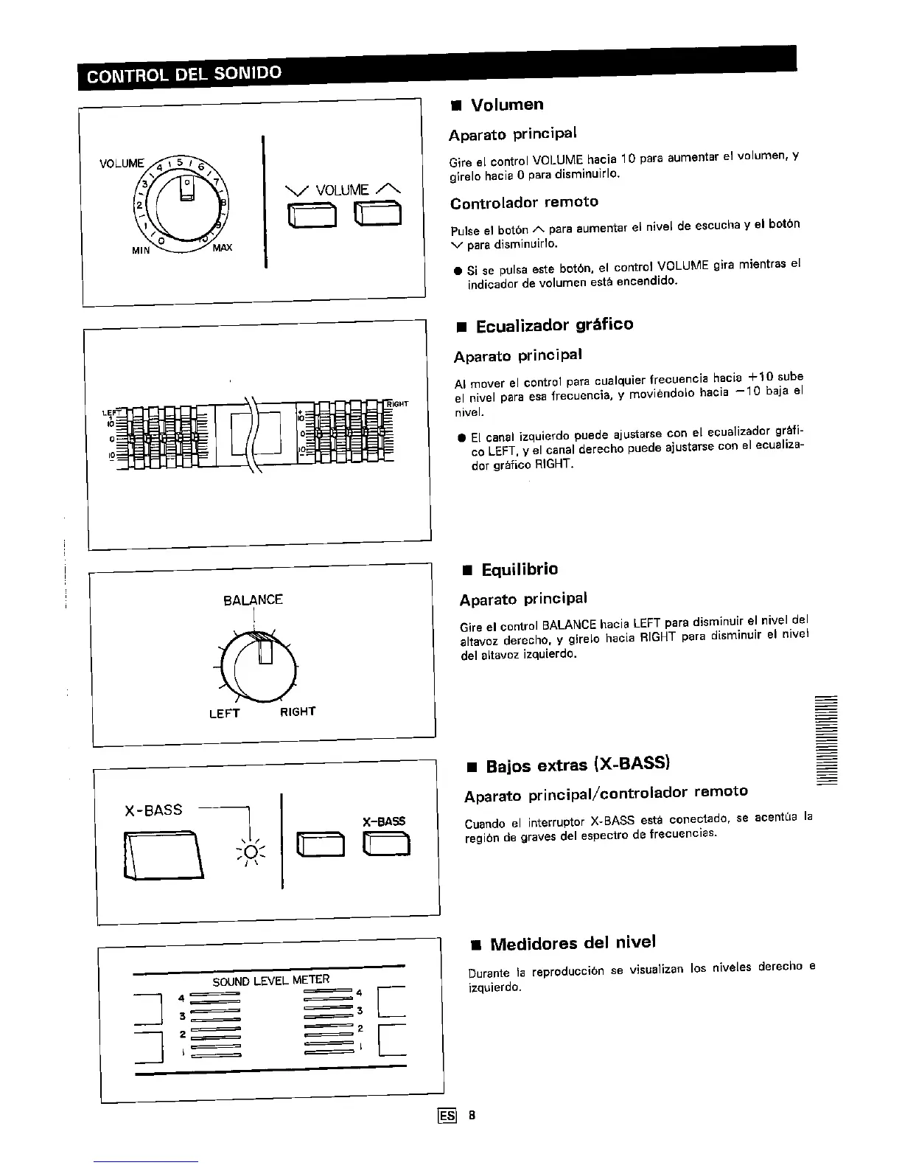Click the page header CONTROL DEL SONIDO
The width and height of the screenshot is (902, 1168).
[184, 74]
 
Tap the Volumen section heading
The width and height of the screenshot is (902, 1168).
[506, 105]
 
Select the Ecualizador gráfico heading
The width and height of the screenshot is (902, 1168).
[553, 325]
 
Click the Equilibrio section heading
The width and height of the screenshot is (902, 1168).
[519, 569]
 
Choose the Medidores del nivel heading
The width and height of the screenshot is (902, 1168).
[572, 943]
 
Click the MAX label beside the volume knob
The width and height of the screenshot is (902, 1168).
[222, 248]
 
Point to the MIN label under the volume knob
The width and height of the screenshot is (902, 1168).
[141, 250]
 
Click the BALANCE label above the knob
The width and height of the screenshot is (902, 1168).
[253, 599]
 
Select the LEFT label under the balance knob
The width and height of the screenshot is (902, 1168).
[224, 713]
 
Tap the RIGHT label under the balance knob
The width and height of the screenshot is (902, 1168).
[298, 712]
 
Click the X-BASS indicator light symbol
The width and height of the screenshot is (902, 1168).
[251, 852]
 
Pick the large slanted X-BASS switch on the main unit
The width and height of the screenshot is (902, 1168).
[164, 854]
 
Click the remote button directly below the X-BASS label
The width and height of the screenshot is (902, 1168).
[385, 843]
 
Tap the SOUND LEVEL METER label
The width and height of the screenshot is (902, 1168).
[270, 981]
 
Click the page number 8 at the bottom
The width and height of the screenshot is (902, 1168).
[472, 1115]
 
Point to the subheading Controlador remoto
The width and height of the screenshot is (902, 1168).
[524, 202]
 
